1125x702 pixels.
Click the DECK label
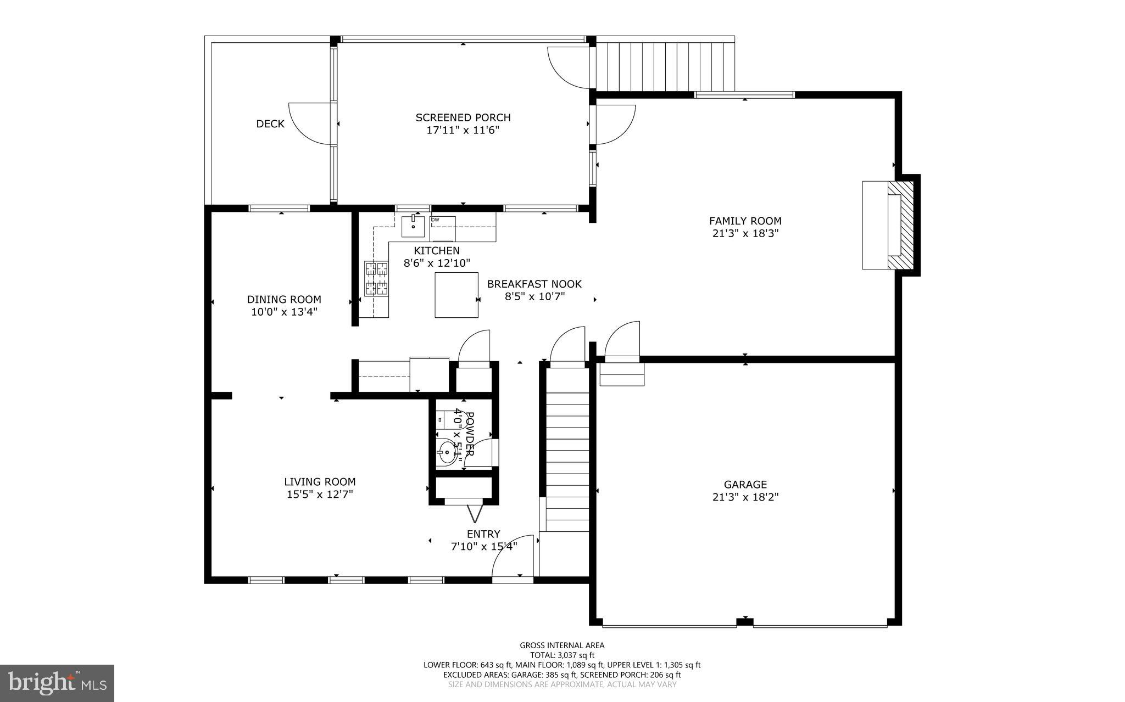click(x=270, y=124)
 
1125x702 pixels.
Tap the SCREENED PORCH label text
click(x=463, y=117)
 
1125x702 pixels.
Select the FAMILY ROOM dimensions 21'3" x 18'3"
click(x=745, y=233)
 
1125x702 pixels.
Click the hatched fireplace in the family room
click(x=901, y=225)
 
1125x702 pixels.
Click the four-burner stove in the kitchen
click(x=377, y=278)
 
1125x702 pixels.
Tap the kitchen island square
click(x=456, y=295)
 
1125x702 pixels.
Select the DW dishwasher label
click(x=436, y=220)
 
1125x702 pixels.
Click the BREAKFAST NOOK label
click(x=534, y=284)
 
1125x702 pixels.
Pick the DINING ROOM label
click(x=284, y=299)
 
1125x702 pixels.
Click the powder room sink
click(x=448, y=454)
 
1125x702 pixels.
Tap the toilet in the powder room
click(x=441, y=419)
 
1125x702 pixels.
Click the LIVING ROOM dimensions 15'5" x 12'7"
click(x=320, y=494)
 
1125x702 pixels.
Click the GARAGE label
click(x=745, y=485)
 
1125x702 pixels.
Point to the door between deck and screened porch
click(x=312, y=123)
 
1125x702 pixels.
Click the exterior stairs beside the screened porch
click(x=665, y=66)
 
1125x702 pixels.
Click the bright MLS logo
click(x=57, y=683)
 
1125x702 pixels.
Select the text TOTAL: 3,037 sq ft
click(x=562, y=655)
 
